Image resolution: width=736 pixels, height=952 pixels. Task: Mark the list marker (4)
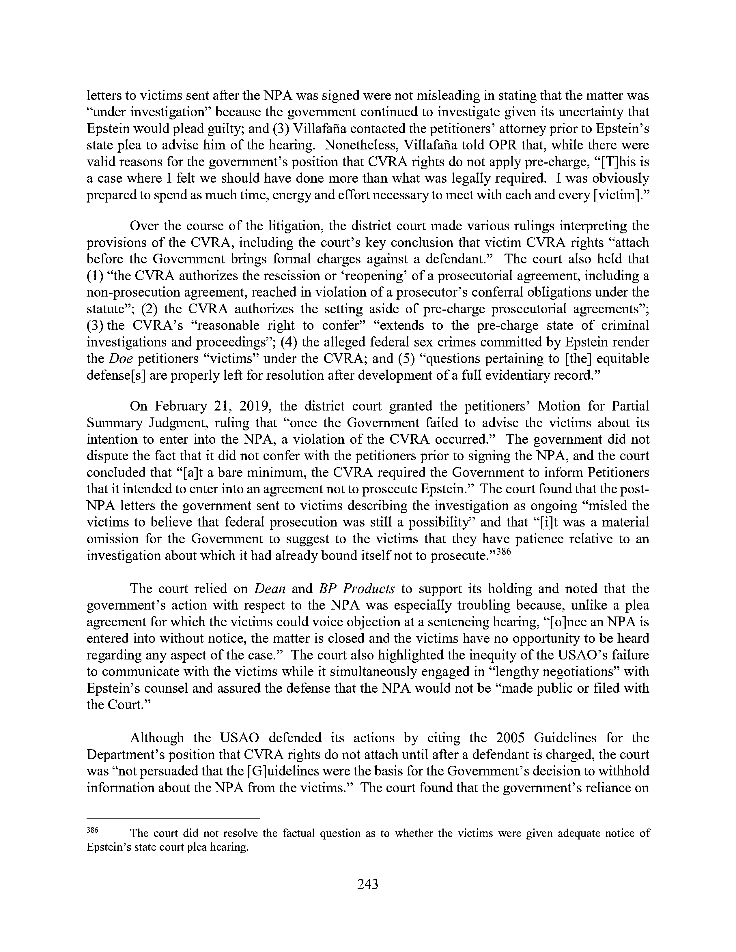pos(289,342)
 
